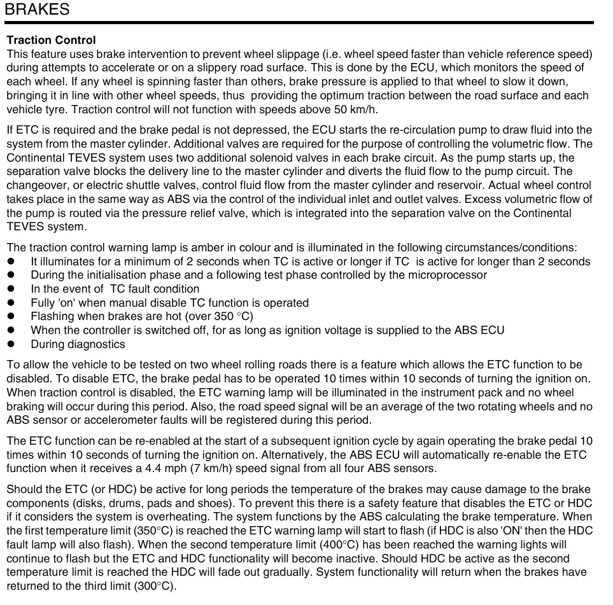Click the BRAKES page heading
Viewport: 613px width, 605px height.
(37, 10)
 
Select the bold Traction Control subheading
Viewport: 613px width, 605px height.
(51, 41)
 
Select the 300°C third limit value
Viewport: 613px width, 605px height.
(154, 585)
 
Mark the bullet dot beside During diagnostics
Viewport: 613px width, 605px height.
(11, 344)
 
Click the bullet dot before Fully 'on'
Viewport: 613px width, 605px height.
(11, 303)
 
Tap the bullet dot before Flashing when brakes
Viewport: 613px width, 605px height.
(11, 317)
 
